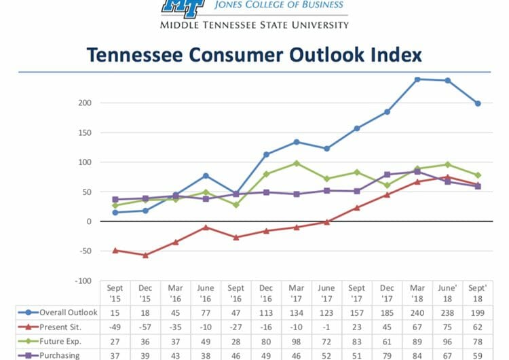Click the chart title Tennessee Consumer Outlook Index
[254, 55]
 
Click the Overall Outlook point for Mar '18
[417, 79]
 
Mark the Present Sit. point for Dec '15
[145, 255]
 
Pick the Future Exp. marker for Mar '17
[297, 163]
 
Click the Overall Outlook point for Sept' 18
[478, 103]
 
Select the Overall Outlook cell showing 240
[417, 312]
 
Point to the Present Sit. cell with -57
[145, 327]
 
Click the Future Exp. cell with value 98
[297, 341]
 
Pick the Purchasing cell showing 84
[417, 355]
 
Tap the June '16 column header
[206, 293]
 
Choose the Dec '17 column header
[387, 293]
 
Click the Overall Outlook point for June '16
[206, 176]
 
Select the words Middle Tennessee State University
[254, 25]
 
